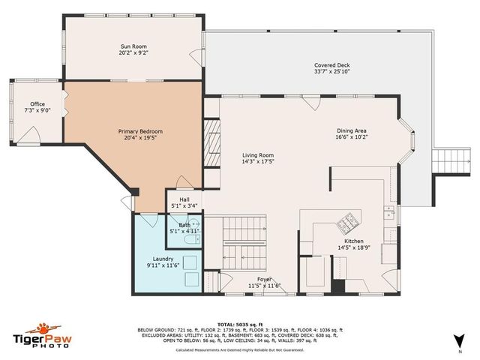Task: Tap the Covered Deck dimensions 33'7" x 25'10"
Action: coord(331,73)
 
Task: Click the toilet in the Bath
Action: coord(193,223)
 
